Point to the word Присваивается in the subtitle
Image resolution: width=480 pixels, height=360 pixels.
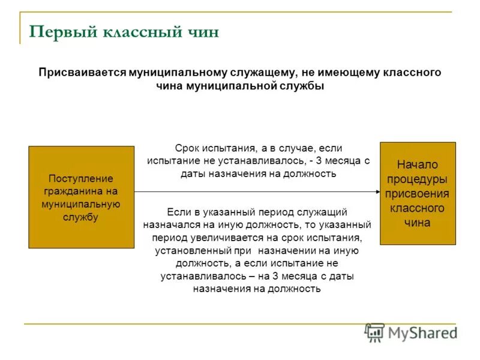click(82, 73)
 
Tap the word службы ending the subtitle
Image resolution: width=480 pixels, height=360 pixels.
click(302, 86)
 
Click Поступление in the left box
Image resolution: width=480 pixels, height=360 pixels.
click(81, 179)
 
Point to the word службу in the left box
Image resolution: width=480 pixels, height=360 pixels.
click(81, 217)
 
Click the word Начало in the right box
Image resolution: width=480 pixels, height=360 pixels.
click(418, 164)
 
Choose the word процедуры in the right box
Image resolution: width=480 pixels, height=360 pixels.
click(418, 179)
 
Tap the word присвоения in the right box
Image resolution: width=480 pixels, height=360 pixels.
click(418, 193)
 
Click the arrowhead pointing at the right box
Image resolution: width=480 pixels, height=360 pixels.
click(376, 192)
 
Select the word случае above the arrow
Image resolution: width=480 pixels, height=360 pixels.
click(292, 148)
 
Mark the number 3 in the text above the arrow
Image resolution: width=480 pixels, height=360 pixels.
click(318, 161)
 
